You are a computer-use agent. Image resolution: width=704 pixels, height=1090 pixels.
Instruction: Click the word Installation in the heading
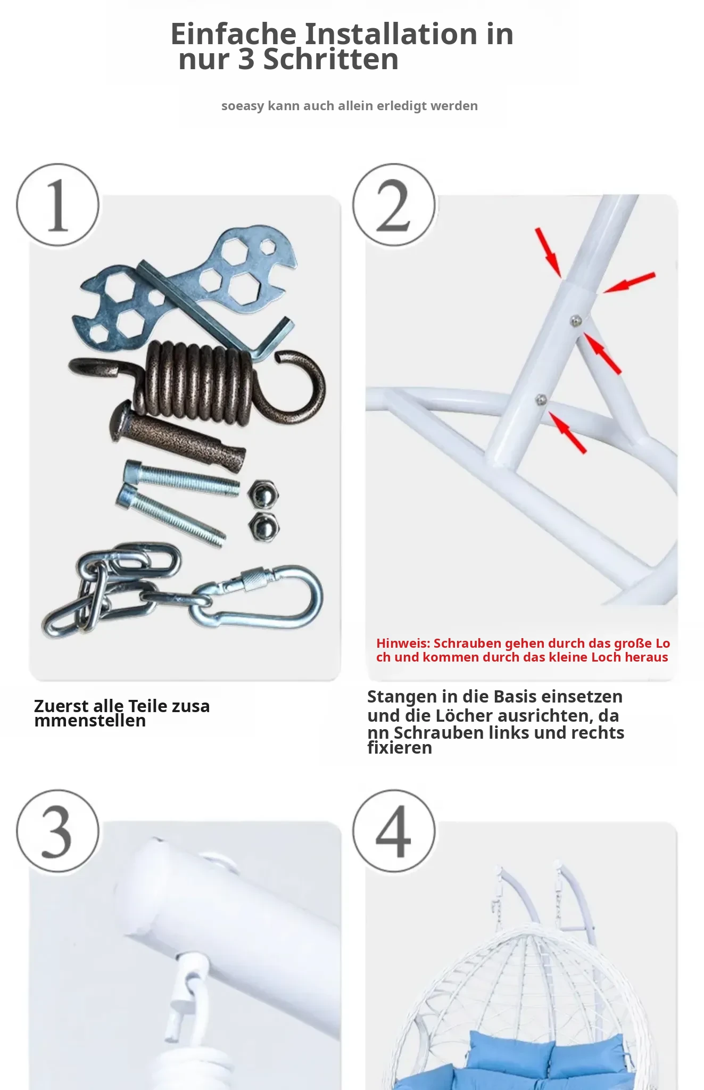pos(391,34)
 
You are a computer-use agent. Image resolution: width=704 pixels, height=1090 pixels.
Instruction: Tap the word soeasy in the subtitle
pos(243,106)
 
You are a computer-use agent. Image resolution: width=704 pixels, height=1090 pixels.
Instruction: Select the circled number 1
pos(58,205)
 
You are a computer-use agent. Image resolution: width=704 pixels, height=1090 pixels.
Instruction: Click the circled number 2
pos(394,205)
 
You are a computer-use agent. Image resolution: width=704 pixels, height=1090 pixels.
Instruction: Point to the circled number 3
pos(58,831)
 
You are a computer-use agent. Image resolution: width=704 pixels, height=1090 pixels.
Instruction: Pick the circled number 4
pos(394,831)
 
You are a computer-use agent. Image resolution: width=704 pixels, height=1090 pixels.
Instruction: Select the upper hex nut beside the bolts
pos(263,494)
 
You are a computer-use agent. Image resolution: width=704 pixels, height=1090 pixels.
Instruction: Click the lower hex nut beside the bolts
pos(263,526)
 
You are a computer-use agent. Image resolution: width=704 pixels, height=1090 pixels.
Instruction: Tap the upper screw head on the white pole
pos(575,320)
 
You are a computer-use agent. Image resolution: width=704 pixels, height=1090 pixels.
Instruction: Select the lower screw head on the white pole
pos(541,400)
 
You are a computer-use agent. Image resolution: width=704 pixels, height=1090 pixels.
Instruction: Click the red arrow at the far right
pos(629,283)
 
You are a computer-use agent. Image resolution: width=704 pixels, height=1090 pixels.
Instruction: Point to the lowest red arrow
pos(567,433)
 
